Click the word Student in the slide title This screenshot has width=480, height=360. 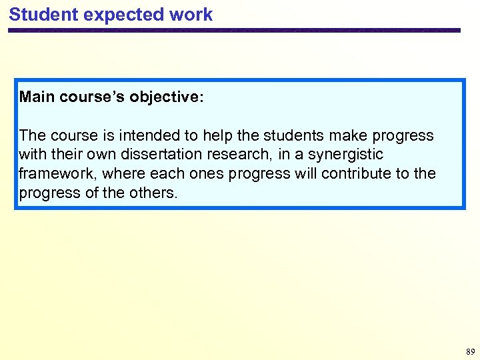[39, 15]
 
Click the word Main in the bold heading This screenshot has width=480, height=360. [37, 97]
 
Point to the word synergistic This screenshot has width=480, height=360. [347, 155]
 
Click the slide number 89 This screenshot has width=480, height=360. [471, 351]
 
